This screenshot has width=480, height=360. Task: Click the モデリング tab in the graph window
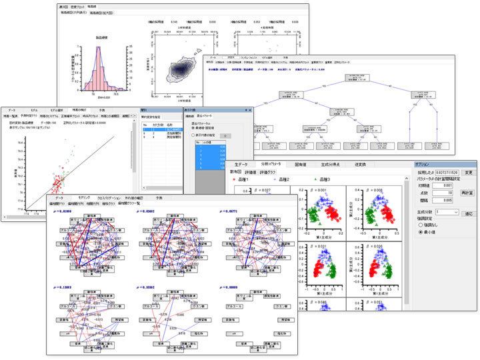pyautogui.click(x=84, y=198)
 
